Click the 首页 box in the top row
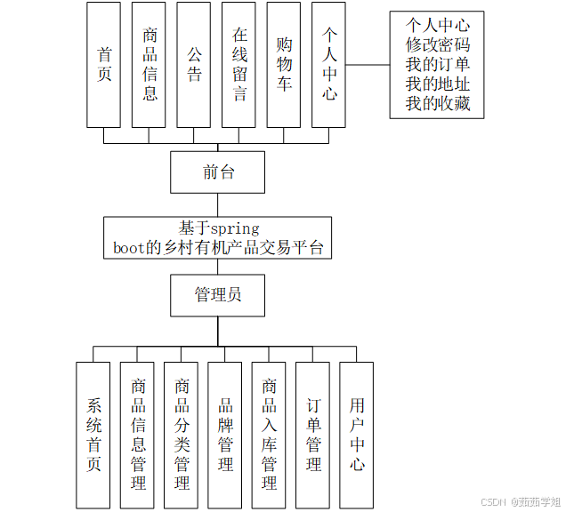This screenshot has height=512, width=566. (x=104, y=64)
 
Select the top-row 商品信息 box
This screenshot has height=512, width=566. (x=150, y=64)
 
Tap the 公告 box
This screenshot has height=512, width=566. (x=195, y=64)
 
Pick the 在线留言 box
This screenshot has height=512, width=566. (x=239, y=64)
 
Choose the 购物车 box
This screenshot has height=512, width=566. (x=285, y=64)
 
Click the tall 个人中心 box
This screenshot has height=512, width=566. (x=330, y=64)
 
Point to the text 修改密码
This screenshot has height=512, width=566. (x=438, y=44)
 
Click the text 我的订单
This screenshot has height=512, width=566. (x=438, y=65)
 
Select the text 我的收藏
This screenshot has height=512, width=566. (x=438, y=105)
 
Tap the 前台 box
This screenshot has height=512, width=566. (x=217, y=172)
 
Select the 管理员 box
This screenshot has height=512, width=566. (x=217, y=295)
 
